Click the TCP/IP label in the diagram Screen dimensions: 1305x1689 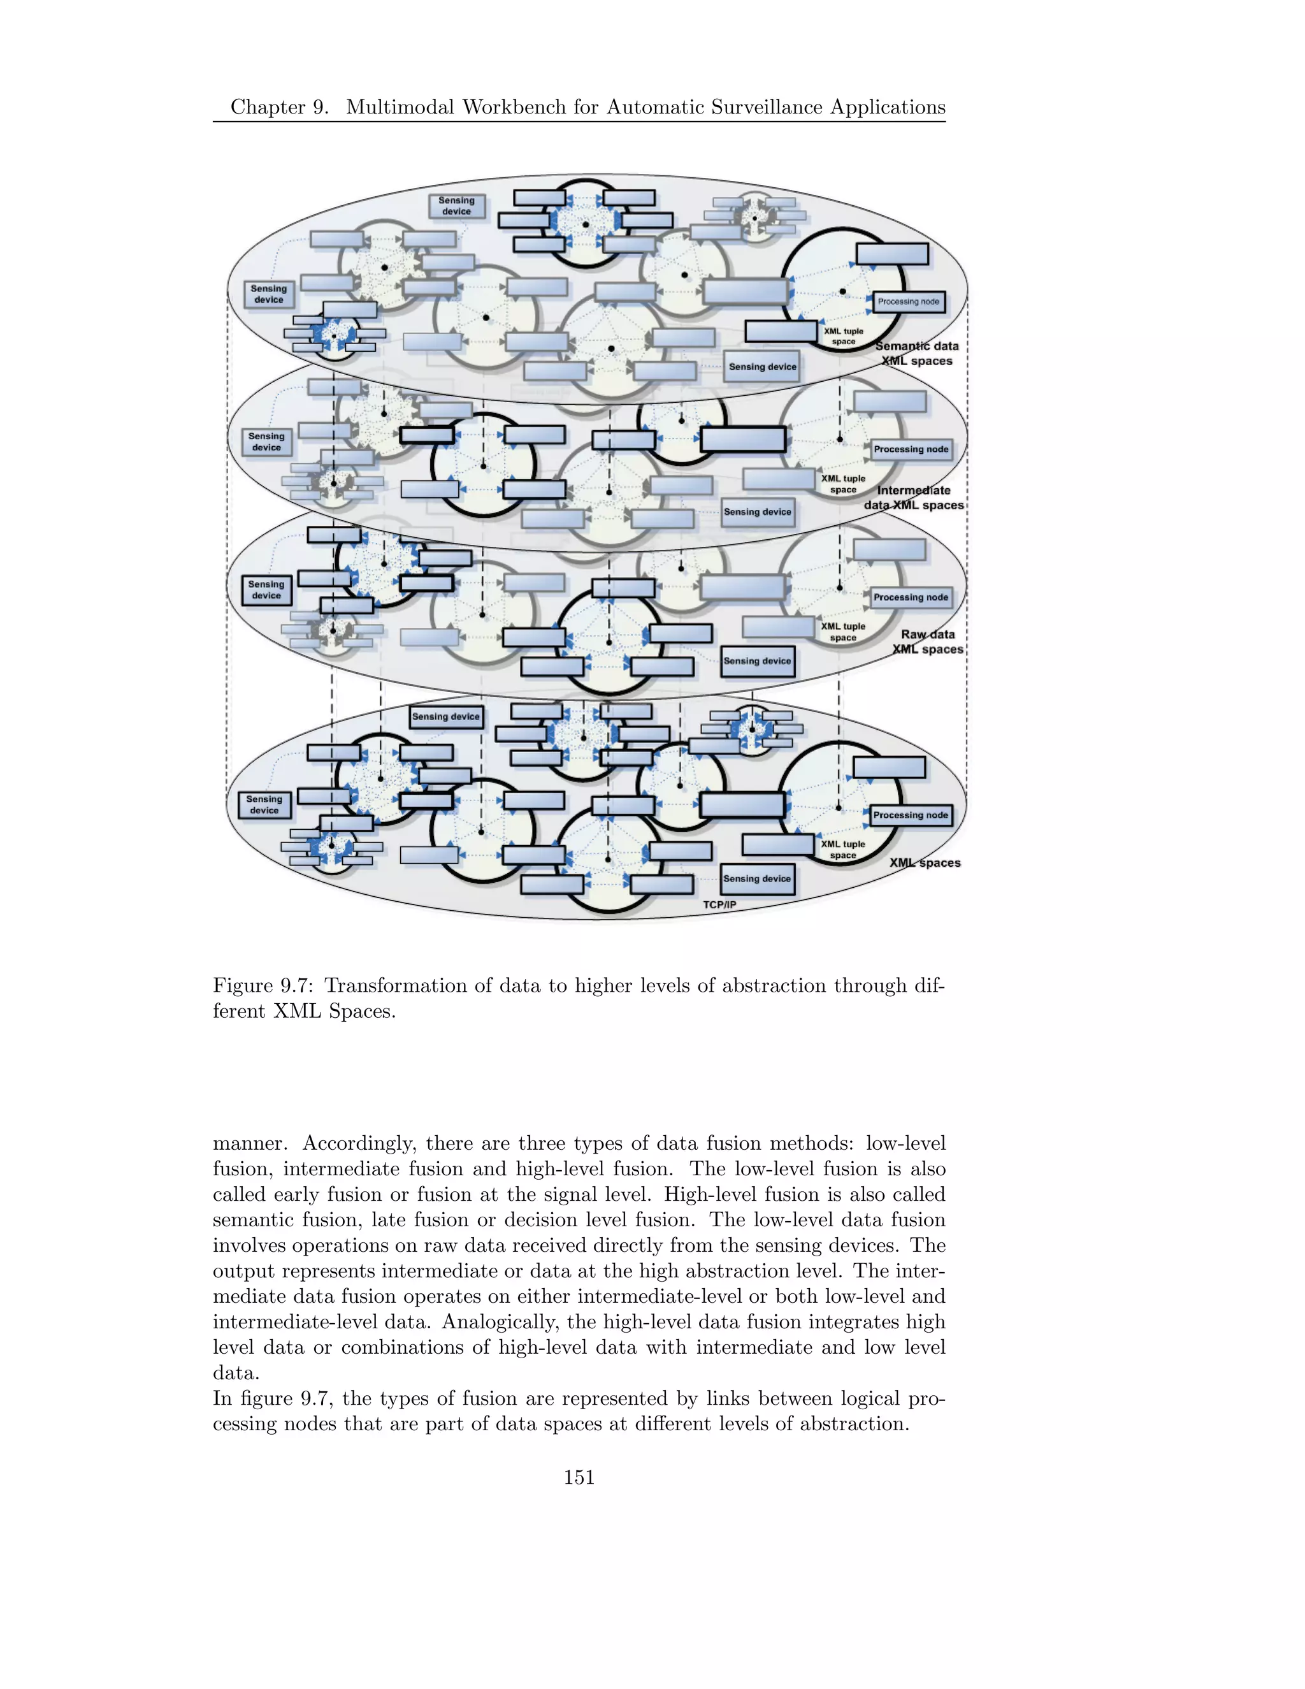(x=719, y=904)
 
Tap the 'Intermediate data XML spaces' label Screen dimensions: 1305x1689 (x=914, y=497)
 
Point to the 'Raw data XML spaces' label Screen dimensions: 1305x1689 (x=928, y=642)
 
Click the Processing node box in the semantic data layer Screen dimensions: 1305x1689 (x=909, y=301)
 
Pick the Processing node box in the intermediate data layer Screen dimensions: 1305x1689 (x=911, y=449)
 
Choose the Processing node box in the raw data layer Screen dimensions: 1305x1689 (x=911, y=597)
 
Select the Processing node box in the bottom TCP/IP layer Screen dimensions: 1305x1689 (x=911, y=815)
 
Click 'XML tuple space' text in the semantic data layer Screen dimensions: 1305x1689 (x=844, y=337)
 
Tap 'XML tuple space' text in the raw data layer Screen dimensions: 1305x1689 (x=844, y=632)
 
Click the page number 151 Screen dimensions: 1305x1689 (x=579, y=1477)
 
